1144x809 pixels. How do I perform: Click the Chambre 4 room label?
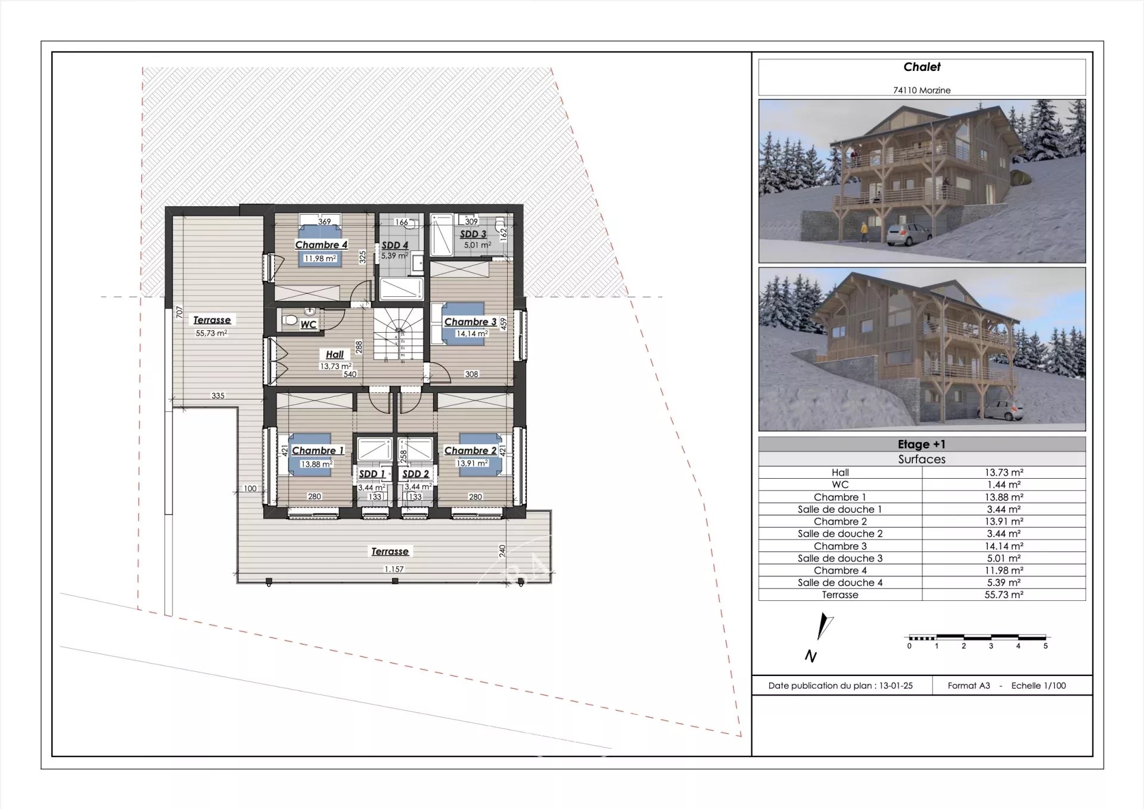[x=321, y=244]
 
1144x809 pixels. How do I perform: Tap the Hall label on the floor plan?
[x=335, y=354]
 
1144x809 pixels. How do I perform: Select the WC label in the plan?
[x=308, y=324]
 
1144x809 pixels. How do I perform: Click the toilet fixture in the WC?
[x=290, y=320]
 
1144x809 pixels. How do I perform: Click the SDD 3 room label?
[x=473, y=234]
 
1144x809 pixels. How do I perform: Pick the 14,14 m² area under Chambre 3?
[x=472, y=333]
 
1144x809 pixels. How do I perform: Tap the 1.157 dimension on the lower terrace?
[x=394, y=569]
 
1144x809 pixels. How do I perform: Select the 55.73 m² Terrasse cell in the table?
[x=1004, y=595]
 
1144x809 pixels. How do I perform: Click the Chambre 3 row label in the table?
[x=840, y=546]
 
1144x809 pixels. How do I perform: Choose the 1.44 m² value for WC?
[x=1004, y=485]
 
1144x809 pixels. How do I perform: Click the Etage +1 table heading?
[x=922, y=444]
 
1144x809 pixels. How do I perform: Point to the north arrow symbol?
[x=824, y=627]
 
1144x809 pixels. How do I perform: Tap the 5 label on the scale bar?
[x=1045, y=646]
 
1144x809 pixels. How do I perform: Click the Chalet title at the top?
[x=922, y=67]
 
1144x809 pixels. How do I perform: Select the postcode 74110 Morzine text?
[x=922, y=90]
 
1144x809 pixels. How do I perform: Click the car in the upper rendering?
[x=908, y=233]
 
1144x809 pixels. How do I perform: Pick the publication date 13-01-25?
[x=896, y=686]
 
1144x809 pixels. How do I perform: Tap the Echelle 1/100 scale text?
[x=1039, y=686]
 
